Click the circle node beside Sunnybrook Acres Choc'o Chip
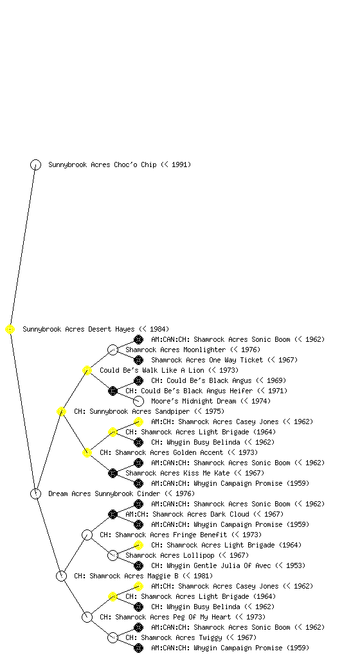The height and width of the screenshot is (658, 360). click(x=35, y=164)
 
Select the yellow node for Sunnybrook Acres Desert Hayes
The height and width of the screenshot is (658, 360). click(x=10, y=329)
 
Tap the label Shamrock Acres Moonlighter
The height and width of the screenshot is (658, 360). click(x=175, y=350)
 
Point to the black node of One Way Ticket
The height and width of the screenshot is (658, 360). click(x=138, y=360)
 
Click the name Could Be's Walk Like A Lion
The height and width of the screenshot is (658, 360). click(x=152, y=370)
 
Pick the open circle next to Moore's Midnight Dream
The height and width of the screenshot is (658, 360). click(x=138, y=401)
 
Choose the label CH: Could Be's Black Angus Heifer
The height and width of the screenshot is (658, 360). click(x=189, y=391)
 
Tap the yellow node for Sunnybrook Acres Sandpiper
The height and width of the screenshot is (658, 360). click(x=61, y=411)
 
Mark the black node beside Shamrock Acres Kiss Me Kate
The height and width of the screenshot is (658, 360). click(x=113, y=473)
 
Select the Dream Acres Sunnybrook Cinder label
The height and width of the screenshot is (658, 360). click(x=104, y=493)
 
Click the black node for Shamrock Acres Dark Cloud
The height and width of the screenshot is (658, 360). click(x=113, y=514)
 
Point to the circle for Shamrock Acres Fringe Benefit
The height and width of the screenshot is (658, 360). click(x=87, y=535)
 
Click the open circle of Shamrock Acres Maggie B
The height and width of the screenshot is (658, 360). click(x=61, y=576)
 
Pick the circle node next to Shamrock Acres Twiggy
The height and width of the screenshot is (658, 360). click(x=113, y=637)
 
